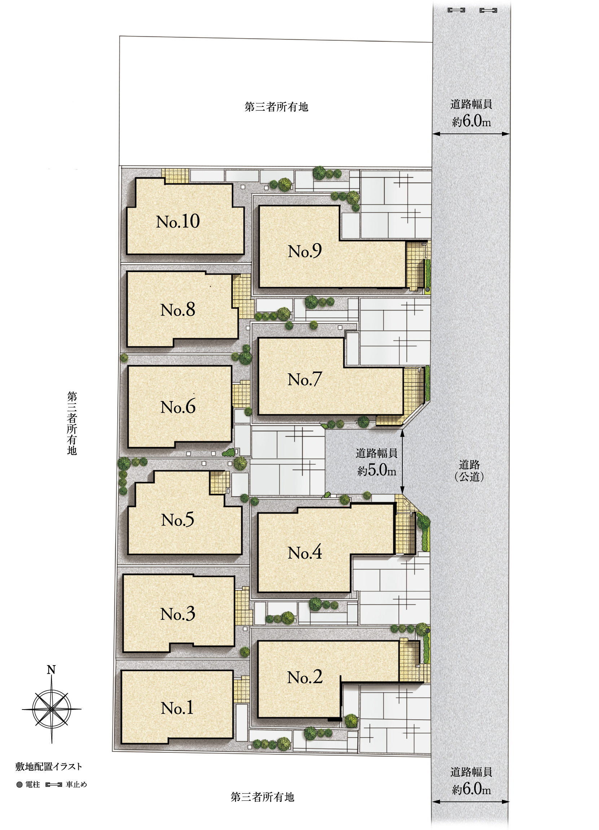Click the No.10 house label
(x=178, y=221)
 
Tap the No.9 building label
(x=305, y=251)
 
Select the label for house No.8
(x=178, y=309)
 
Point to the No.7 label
(x=305, y=379)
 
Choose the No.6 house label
(x=178, y=407)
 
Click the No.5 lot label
(x=178, y=520)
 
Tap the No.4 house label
(x=305, y=553)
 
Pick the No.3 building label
(x=178, y=614)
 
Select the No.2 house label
(x=305, y=677)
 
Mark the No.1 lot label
(x=177, y=708)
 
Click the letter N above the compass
(x=51, y=670)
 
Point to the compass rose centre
(x=52, y=709)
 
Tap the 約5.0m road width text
(x=377, y=470)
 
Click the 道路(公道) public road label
(x=469, y=471)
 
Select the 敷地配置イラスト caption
(x=49, y=767)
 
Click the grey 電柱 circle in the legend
(x=19, y=785)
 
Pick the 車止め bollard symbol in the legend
(x=54, y=785)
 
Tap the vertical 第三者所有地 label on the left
(x=72, y=423)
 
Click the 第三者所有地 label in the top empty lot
(x=276, y=107)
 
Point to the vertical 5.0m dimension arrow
(x=402, y=462)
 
